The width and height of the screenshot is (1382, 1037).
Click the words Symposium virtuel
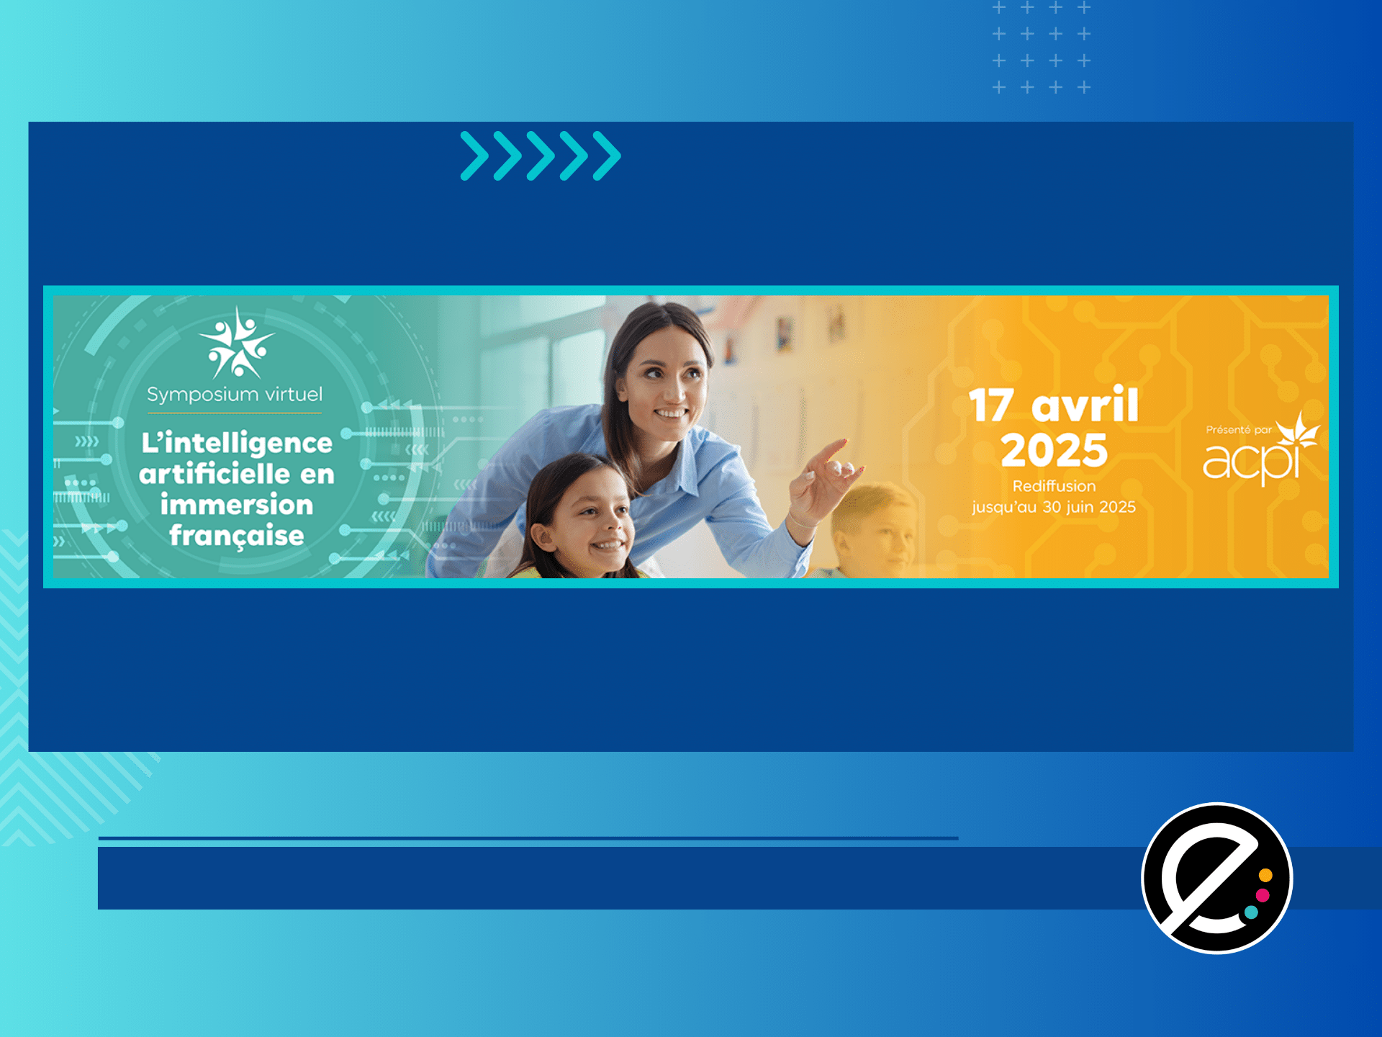[235, 395]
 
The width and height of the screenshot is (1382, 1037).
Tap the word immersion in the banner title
[237, 504]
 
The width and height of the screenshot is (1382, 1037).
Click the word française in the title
[237, 536]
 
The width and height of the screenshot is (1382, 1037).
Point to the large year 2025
[1054, 451]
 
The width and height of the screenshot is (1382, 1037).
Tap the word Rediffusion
[1054, 486]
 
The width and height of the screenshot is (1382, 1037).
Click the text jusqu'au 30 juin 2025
[1054, 507]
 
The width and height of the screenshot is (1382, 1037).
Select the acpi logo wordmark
[1252, 461]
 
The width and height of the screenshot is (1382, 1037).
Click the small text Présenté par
[1239, 430]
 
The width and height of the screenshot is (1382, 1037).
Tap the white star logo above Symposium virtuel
[236, 344]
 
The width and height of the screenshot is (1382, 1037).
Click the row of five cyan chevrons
[541, 156]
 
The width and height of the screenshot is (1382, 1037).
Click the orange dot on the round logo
[1265, 876]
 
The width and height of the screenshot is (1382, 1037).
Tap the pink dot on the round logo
[1262, 895]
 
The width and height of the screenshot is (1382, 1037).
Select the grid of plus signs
[1042, 48]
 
